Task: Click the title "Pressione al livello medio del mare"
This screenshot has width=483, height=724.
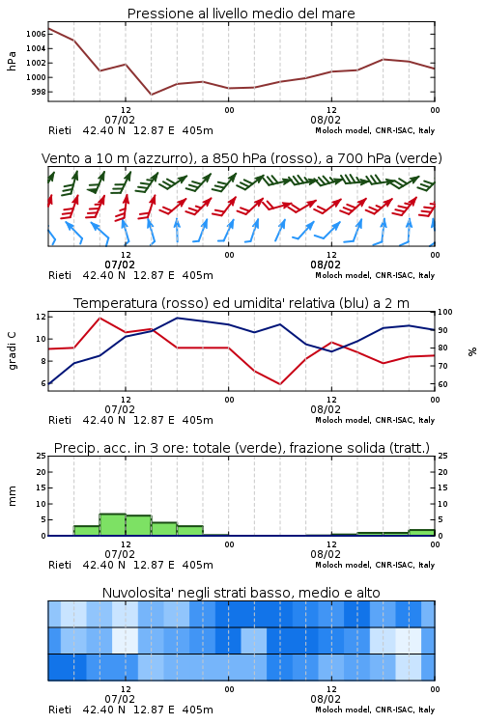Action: (x=241, y=14)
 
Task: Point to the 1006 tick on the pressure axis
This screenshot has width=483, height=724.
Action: (x=36, y=34)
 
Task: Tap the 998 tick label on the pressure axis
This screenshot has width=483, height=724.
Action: (x=39, y=92)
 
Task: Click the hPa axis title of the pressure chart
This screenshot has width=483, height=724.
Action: (x=12, y=61)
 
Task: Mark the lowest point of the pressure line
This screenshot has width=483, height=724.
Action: (x=151, y=95)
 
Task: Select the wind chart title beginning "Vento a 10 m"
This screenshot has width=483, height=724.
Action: (x=241, y=158)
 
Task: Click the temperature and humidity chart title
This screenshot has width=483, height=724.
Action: (x=241, y=303)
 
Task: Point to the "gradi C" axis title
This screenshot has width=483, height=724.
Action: (x=13, y=350)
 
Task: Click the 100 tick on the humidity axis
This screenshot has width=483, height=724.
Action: (x=444, y=312)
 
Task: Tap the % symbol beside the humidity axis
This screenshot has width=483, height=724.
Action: (x=472, y=351)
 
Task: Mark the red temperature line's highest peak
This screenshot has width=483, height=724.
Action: (x=99, y=318)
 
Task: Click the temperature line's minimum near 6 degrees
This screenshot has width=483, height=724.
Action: (x=279, y=383)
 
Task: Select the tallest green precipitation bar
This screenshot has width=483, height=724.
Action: (x=113, y=524)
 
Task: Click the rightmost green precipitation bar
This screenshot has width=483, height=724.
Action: (x=421, y=532)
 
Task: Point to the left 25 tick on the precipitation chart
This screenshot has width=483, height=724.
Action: (x=42, y=456)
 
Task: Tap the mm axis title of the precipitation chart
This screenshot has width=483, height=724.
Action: (x=12, y=495)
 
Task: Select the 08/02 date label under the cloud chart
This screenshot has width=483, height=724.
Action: (x=326, y=699)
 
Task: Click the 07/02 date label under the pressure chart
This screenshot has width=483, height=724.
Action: (x=120, y=120)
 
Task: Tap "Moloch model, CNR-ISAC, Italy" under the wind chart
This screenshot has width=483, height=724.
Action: (x=375, y=275)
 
